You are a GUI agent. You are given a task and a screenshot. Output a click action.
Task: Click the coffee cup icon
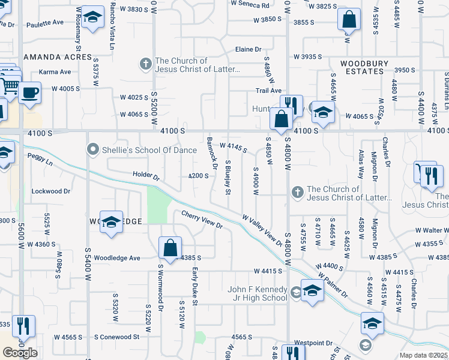[29, 93]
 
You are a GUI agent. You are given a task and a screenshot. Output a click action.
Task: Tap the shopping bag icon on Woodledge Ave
[170, 247]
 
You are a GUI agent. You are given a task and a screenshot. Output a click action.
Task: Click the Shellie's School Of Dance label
[142, 149]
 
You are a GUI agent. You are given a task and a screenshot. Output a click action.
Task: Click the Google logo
[20, 353]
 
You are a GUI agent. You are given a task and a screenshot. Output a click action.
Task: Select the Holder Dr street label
[146, 176]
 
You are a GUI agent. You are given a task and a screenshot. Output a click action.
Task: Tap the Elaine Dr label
[249, 49]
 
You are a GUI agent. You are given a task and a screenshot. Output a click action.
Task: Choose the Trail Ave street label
[268, 91]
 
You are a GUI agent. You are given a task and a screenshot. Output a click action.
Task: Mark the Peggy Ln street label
[40, 155]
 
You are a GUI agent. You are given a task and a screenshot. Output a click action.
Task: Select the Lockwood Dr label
[51, 191]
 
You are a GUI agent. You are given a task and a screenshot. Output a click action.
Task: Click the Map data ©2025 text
[423, 355]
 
